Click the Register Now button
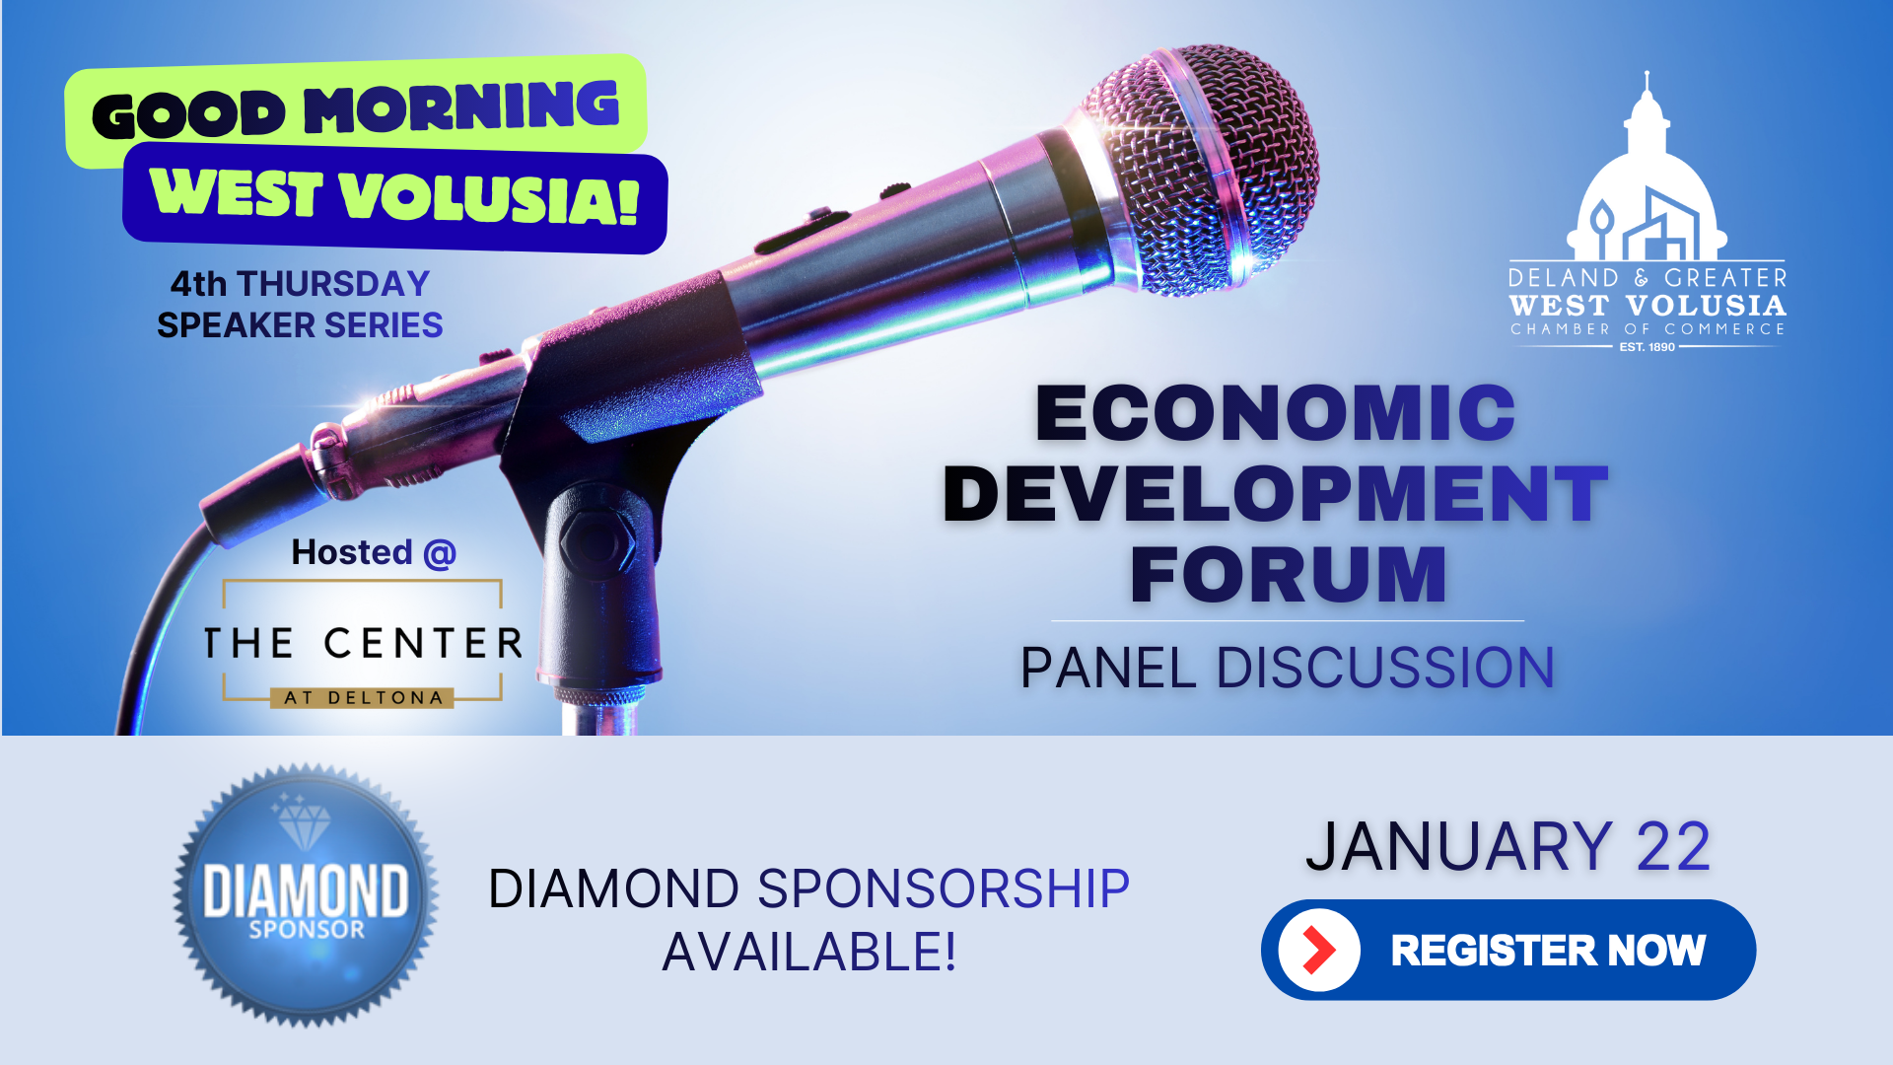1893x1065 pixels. (1508, 950)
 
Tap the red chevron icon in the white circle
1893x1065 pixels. (1318, 950)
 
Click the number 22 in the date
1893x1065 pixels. (1673, 847)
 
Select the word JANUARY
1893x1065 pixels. (1458, 847)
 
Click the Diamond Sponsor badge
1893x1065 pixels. (306, 895)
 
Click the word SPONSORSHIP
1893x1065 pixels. (943, 888)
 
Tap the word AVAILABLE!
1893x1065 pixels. (809, 952)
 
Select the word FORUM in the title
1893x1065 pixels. (1288, 574)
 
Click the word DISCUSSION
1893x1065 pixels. (1385, 668)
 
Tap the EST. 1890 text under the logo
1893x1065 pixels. (1647, 347)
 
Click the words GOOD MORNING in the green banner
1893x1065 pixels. (356, 109)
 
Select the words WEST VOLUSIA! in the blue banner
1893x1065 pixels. (394, 195)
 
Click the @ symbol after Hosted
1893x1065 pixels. (439, 553)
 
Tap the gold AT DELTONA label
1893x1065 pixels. (363, 698)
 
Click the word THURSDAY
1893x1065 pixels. (333, 284)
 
